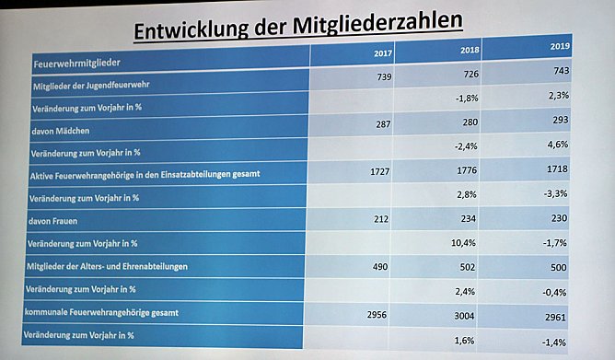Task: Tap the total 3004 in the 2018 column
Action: [x=470, y=315]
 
